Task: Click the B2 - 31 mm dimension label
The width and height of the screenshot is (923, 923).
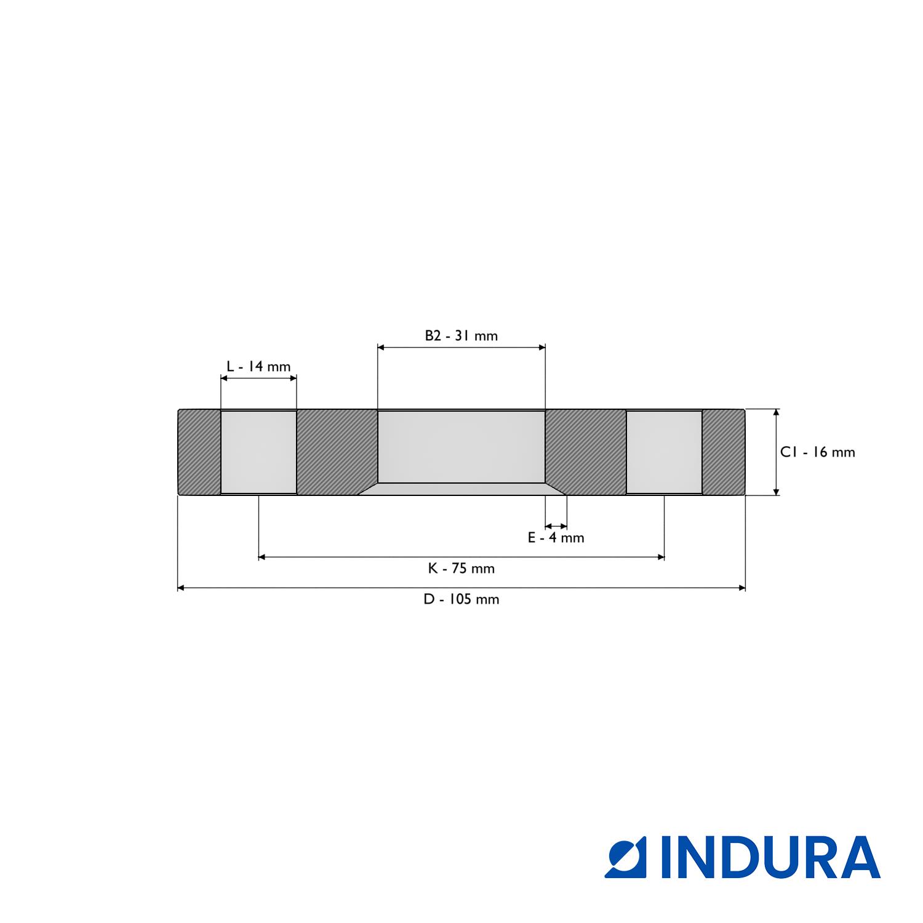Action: (461, 335)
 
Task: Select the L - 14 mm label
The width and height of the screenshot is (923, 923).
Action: (258, 367)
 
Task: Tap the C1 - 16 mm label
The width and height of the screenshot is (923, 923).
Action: (818, 452)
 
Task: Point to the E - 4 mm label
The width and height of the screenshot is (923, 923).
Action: (556, 538)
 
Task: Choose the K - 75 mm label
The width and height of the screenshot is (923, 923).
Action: (461, 569)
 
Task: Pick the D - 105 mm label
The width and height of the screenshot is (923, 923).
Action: (461, 599)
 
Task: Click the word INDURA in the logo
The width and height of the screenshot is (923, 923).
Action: (770, 857)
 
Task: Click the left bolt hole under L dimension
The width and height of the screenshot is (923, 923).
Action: (258, 452)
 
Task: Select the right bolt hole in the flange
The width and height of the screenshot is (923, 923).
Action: (665, 452)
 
